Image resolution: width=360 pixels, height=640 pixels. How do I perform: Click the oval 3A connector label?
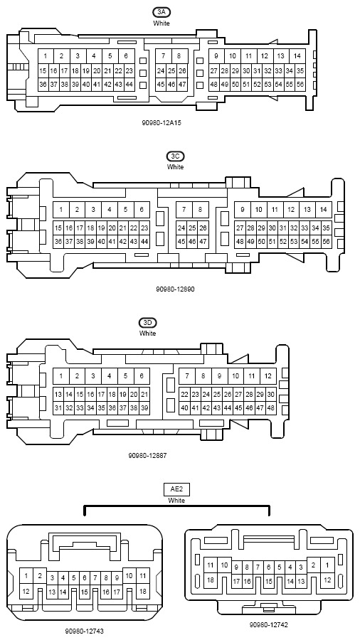click(x=162, y=12)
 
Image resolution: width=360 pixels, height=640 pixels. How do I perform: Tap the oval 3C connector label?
click(x=176, y=156)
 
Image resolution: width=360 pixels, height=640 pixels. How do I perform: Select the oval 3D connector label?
click(x=147, y=323)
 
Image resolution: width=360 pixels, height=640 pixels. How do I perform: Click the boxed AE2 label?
click(x=176, y=489)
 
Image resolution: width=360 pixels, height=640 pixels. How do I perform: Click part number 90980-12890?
click(x=175, y=289)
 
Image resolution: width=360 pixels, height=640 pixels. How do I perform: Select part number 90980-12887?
click(x=147, y=456)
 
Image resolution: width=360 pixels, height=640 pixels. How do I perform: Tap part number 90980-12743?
click(x=85, y=631)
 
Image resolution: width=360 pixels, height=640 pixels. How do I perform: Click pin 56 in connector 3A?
click(x=300, y=84)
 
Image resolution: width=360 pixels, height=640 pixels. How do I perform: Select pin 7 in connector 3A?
click(x=163, y=56)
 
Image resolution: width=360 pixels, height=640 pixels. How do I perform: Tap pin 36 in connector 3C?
click(x=58, y=241)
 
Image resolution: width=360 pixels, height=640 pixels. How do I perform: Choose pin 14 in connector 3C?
click(x=323, y=210)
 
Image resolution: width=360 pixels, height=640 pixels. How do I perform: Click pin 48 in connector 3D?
click(x=270, y=407)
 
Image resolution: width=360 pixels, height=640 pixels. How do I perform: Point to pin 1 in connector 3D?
click(x=60, y=376)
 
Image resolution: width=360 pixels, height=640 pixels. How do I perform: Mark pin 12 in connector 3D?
click(x=268, y=376)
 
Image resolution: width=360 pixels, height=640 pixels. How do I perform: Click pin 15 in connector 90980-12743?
click(x=85, y=592)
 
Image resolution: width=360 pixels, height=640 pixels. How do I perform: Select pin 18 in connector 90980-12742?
click(x=210, y=580)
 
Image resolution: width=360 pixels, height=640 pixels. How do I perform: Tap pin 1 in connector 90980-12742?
click(x=327, y=565)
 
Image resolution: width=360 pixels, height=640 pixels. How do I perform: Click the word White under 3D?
click(x=147, y=334)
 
